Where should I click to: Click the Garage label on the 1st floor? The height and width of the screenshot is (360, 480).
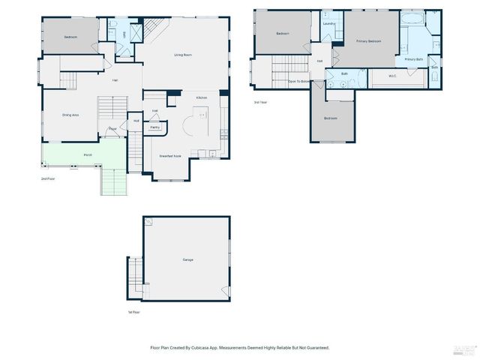pyautogui.click(x=187, y=260)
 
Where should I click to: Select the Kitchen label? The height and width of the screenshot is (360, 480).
pyautogui.click(x=202, y=98)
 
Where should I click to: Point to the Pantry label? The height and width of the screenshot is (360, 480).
pyautogui.click(x=154, y=127)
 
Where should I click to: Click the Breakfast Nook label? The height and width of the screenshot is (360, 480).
pyautogui.click(x=170, y=156)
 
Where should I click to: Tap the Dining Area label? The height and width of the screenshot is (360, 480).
pyautogui.click(x=71, y=115)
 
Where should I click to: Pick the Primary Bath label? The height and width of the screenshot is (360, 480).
pyautogui.click(x=414, y=58)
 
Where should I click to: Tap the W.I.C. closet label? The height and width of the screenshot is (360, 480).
pyautogui.click(x=392, y=76)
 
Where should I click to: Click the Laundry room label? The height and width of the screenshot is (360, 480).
pyautogui.click(x=328, y=24)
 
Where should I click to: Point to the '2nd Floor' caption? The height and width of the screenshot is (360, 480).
pyautogui.click(x=48, y=179)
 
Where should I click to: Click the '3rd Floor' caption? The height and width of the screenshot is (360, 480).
pyautogui.click(x=259, y=101)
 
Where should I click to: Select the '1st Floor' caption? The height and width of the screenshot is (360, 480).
pyautogui.click(x=133, y=312)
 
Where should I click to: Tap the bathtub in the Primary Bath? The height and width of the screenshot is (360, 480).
pyautogui.click(x=412, y=16)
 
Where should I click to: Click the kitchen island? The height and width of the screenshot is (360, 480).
pyautogui.click(x=201, y=116)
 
